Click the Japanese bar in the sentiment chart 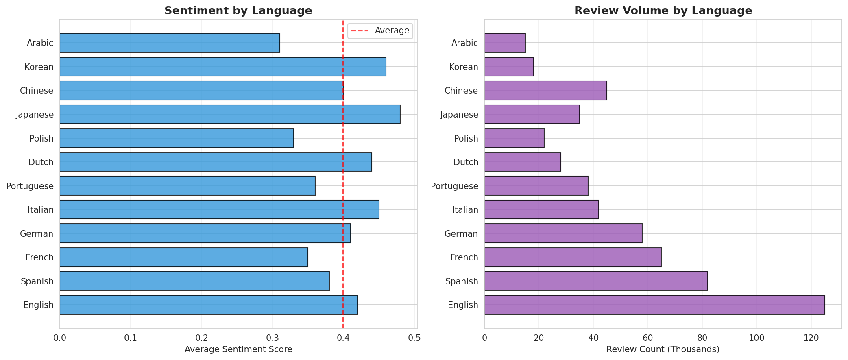pyautogui.click(x=230, y=114)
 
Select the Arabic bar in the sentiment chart pyautogui.click(x=170, y=43)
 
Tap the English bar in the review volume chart pyautogui.click(x=654, y=305)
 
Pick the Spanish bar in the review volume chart pyautogui.click(x=596, y=281)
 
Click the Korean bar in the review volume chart pyautogui.click(x=509, y=67)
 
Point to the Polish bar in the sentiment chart pyautogui.click(x=177, y=138)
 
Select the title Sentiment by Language pyautogui.click(x=238, y=11)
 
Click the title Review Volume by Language pyautogui.click(x=663, y=11)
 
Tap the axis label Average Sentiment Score pyautogui.click(x=238, y=349)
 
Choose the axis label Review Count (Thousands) pyautogui.click(x=663, y=349)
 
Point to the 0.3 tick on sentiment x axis pyautogui.click(x=272, y=338)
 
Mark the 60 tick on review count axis pyautogui.click(x=647, y=338)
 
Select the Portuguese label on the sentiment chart pyautogui.click(x=30, y=186)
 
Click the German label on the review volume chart pyautogui.click(x=461, y=233)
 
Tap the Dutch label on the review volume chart pyautogui.click(x=466, y=162)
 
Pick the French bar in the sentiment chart pyautogui.click(x=183, y=257)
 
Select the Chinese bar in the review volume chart pyautogui.click(x=545, y=90)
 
